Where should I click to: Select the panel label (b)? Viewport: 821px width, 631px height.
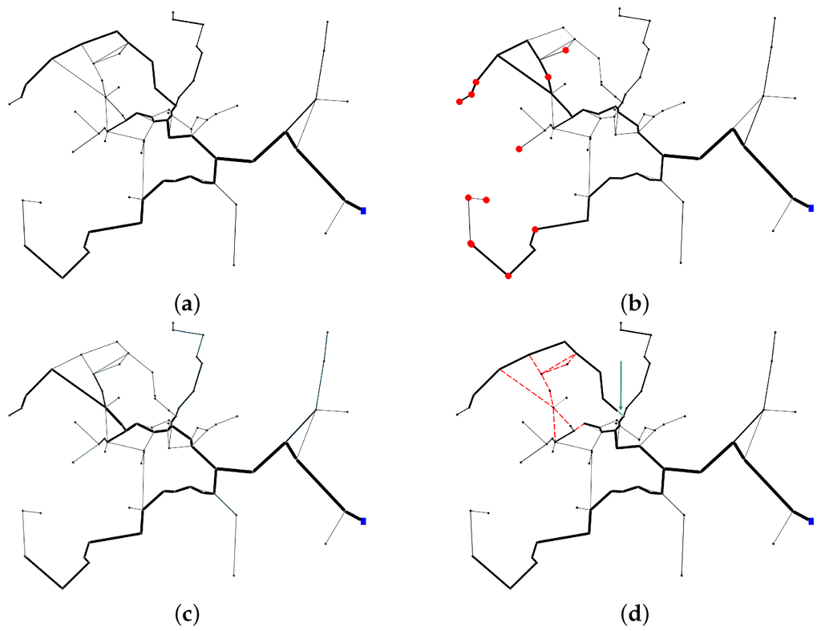pos(634,304)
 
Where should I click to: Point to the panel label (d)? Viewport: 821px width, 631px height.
pos(634,615)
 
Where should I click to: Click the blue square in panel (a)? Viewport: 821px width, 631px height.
pos(363,210)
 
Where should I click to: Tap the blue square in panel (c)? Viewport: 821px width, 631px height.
pos(363,521)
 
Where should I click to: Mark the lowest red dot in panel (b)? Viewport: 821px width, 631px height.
pos(508,277)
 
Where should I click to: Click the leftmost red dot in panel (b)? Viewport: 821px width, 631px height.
pos(459,102)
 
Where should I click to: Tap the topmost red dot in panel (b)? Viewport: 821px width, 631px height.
pos(566,50)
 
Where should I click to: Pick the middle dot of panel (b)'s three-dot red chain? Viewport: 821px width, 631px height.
pos(471,95)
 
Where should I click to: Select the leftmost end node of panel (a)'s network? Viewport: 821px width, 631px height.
pos(10,103)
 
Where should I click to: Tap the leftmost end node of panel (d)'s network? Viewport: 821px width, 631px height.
pos(457,414)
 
